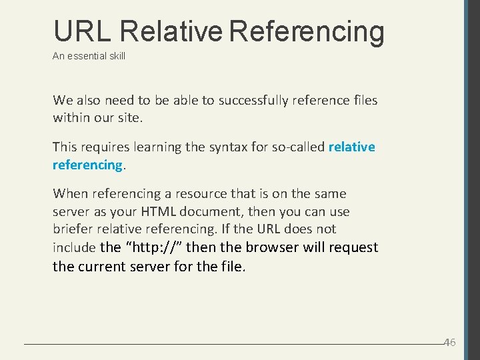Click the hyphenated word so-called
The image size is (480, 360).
tap(298, 147)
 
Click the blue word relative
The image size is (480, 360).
tap(352, 147)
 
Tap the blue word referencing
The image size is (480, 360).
tap(87, 165)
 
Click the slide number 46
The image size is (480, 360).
tap(450, 342)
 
